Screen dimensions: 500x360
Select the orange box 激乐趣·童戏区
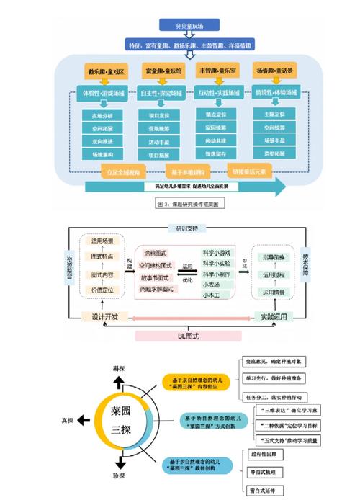tap(106, 72)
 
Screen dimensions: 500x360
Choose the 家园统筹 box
tap(217, 125)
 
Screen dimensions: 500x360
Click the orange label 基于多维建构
tap(188, 171)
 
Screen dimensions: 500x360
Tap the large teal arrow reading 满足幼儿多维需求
tap(184, 186)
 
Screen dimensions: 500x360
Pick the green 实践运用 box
tap(277, 316)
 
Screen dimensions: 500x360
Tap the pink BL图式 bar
tap(192, 335)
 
